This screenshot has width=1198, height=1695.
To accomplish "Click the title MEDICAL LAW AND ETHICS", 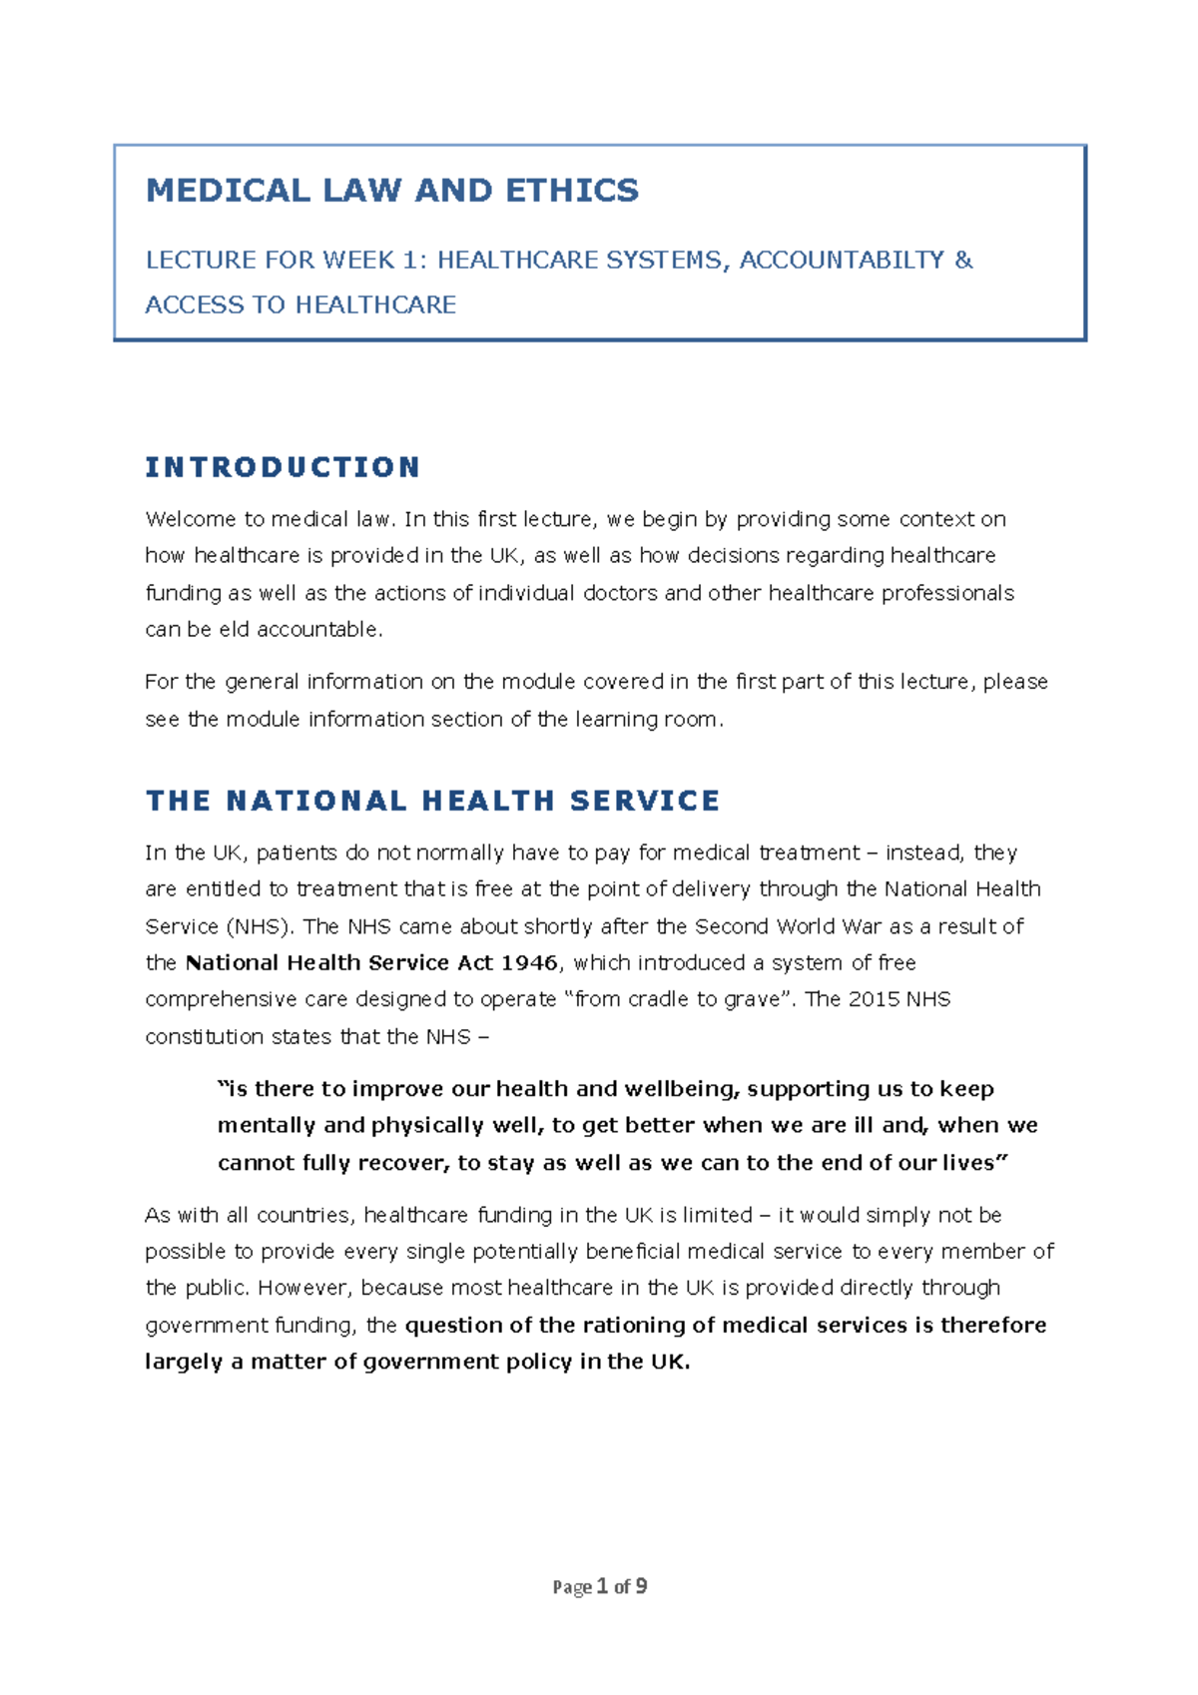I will pos(391,190).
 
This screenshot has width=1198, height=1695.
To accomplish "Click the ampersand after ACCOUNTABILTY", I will pos(962,260).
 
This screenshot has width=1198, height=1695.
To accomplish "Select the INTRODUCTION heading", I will pos(283,467).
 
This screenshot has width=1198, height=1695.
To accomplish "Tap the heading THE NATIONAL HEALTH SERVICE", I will pos(432,801).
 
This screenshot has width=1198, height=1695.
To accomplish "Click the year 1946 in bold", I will pos(529,962).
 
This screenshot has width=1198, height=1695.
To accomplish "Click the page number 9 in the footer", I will pos(641,1586).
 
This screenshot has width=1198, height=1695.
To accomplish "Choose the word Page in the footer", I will pos(572,1587).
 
